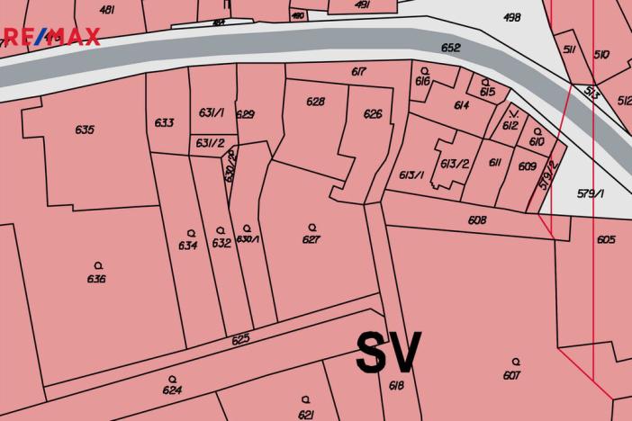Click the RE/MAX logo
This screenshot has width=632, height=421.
50,37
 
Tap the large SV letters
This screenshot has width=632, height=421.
388,353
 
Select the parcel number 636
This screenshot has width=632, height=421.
97,279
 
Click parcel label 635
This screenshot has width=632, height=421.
85,130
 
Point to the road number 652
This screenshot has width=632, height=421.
451,48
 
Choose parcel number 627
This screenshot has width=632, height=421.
311,239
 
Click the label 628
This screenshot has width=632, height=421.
315,102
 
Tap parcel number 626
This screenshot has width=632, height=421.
373,114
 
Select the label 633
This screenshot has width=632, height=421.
164,122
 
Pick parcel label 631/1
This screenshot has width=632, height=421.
212,113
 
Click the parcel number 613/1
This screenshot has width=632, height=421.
411,175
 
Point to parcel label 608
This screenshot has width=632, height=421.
477,220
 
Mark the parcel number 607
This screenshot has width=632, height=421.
512,375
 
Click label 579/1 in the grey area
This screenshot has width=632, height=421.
591,193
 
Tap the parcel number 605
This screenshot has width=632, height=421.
606,239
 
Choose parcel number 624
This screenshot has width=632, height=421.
172,390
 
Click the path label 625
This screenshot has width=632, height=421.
240,340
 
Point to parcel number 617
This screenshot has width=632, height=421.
357,71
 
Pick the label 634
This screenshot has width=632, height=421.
188,246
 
